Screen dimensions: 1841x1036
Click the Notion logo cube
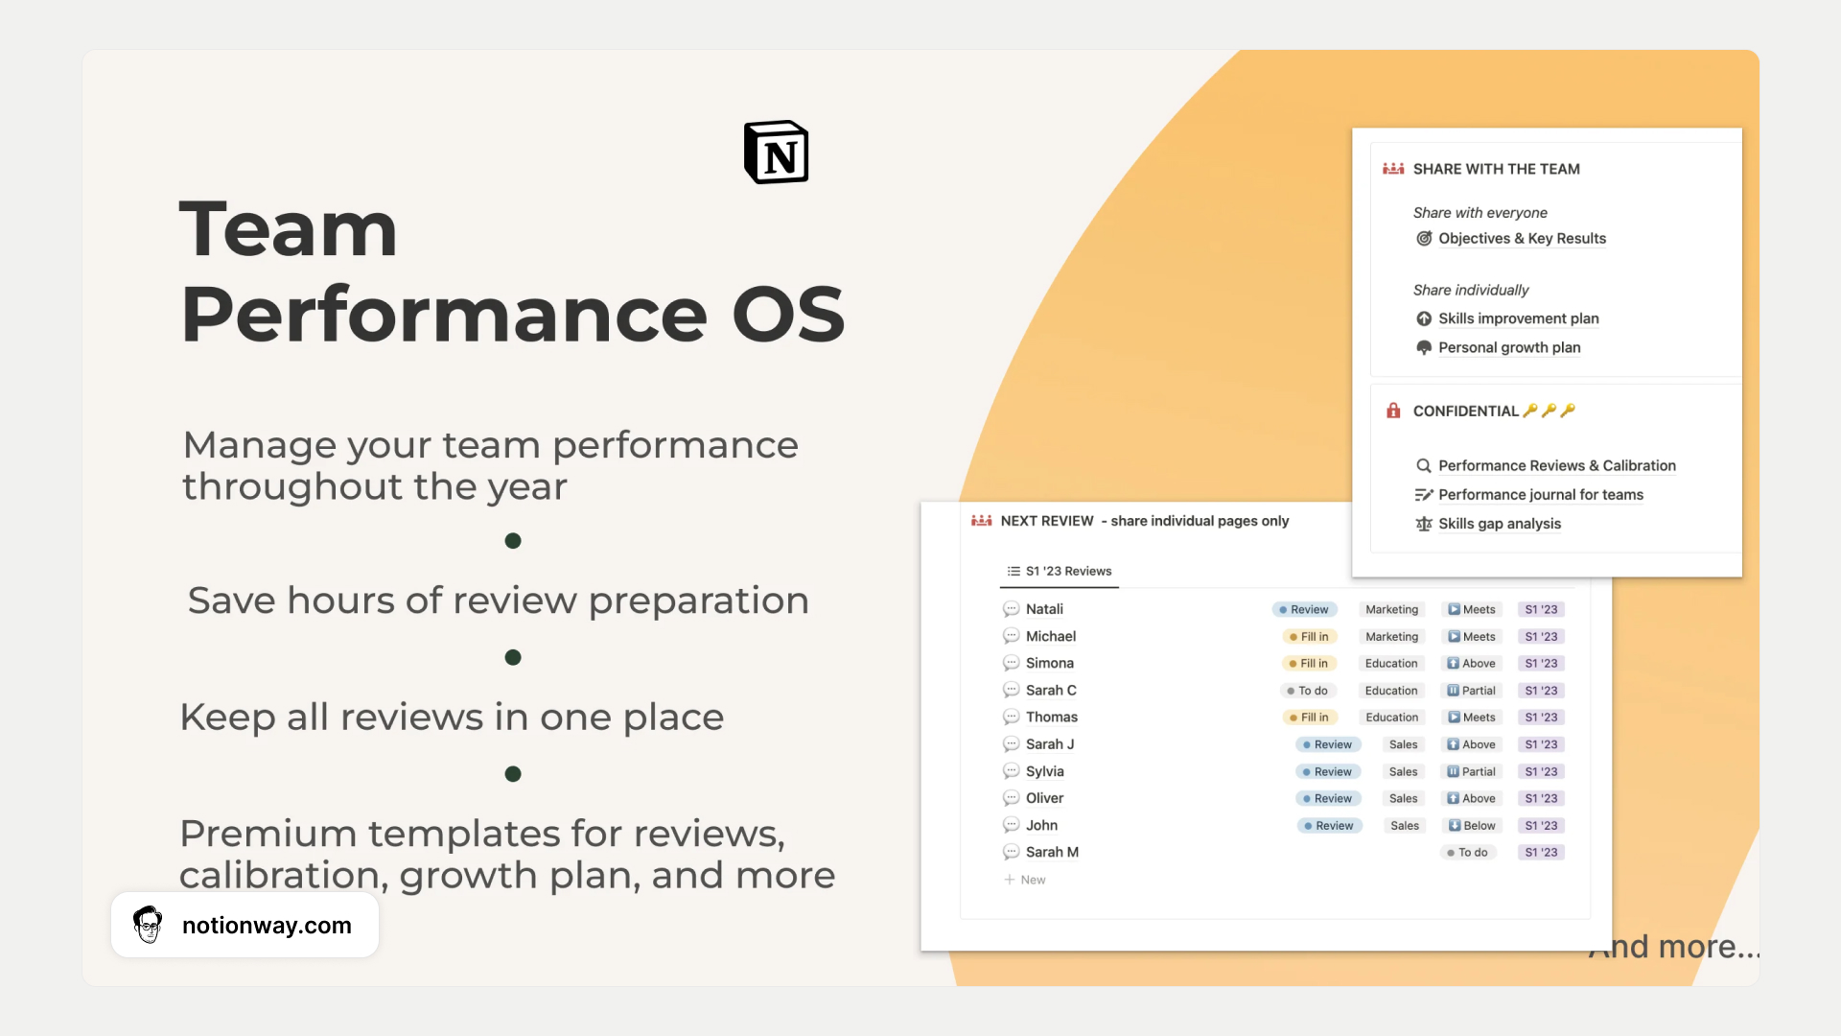click(777, 152)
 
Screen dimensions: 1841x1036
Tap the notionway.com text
click(267, 926)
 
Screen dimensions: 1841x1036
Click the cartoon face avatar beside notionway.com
click(148, 925)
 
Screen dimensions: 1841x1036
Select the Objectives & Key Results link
click(1522, 239)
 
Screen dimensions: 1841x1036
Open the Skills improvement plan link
click(1518, 318)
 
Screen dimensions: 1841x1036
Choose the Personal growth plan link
click(1509, 347)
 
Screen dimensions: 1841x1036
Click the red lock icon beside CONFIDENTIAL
click(1393, 411)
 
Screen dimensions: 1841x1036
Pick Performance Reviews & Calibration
click(1557, 466)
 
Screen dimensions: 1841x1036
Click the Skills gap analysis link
click(1500, 524)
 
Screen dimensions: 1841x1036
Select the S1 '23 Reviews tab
click(1060, 571)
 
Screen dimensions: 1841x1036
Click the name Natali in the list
click(1044, 609)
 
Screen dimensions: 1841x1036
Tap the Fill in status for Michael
click(1309, 637)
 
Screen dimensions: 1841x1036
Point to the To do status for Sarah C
click(1307, 691)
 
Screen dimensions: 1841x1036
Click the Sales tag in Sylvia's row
click(1403, 772)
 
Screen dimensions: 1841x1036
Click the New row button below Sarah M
click(1025, 880)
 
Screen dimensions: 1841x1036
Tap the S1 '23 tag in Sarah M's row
click(1541, 853)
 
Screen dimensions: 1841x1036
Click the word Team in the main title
click(288, 229)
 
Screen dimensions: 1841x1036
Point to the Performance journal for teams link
click(1541, 495)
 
